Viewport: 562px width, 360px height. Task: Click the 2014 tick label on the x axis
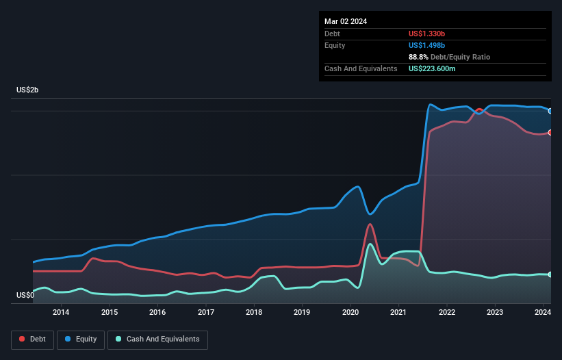[x=61, y=313]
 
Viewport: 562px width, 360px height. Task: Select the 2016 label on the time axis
[x=157, y=313]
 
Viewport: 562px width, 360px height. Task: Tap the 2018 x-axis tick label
[x=254, y=313]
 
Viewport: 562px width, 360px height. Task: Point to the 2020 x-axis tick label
[x=350, y=313]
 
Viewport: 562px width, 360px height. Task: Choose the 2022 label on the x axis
[x=446, y=313]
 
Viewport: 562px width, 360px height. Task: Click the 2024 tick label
[x=543, y=313]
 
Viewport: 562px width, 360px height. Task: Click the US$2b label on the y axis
[x=28, y=90]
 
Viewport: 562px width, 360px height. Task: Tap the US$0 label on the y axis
[x=25, y=295]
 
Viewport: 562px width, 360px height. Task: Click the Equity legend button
[x=81, y=339]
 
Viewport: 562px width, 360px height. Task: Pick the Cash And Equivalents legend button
[x=157, y=339]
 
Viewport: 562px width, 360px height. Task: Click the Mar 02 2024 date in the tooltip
[x=346, y=21]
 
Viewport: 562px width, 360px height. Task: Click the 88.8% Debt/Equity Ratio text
[x=449, y=57]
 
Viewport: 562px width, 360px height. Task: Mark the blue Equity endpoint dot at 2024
[x=550, y=111]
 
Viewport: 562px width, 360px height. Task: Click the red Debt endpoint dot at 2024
[x=550, y=132]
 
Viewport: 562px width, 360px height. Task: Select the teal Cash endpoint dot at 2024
[x=550, y=274]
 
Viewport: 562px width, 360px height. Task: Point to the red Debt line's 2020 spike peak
[x=370, y=224]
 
